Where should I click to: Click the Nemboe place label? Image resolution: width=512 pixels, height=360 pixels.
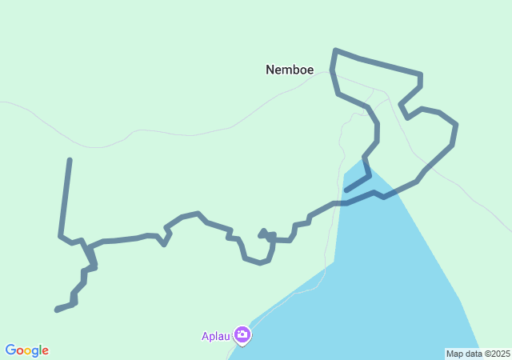tap(290, 70)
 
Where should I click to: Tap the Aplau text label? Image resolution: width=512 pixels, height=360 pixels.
tap(216, 336)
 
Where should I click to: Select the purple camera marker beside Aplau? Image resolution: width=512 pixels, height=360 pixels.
tap(242, 335)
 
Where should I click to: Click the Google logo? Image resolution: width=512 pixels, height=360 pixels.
tap(26, 350)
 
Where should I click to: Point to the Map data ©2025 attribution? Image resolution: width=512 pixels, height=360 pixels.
tap(478, 354)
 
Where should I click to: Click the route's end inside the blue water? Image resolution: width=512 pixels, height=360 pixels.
tap(346, 190)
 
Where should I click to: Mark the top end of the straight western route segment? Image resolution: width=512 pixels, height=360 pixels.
tap(70, 161)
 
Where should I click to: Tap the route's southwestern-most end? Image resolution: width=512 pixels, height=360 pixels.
tap(57, 310)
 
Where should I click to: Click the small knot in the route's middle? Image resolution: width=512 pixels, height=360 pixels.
tap(264, 234)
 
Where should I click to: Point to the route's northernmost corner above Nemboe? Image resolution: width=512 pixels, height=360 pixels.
tap(335, 50)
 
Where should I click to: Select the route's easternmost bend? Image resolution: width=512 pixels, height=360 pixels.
tap(456, 125)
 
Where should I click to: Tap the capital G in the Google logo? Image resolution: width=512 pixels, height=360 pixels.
tap(10, 350)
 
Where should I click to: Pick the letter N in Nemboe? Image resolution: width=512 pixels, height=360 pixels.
tap(270, 70)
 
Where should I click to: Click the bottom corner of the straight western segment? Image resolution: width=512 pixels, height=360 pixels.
tap(61, 235)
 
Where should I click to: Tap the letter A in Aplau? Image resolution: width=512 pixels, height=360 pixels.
tap(205, 336)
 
